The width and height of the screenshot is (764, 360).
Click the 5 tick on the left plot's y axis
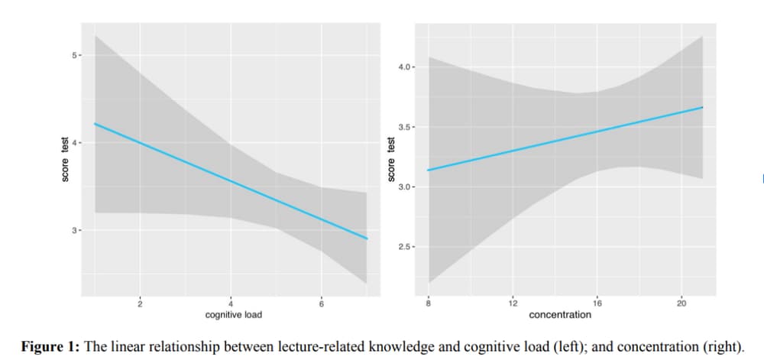pyautogui.click(x=66, y=56)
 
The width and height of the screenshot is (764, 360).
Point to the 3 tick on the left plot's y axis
pyautogui.click(x=66, y=229)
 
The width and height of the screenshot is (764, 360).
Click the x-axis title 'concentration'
pyautogui.click(x=560, y=314)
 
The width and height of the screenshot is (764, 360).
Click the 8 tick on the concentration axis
pyautogui.click(x=429, y=304)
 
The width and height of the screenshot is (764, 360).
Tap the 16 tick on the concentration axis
pyautogui.click(x=597, y=304)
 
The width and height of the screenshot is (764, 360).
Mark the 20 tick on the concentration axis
pyautogui.click(x=681, y=304)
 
